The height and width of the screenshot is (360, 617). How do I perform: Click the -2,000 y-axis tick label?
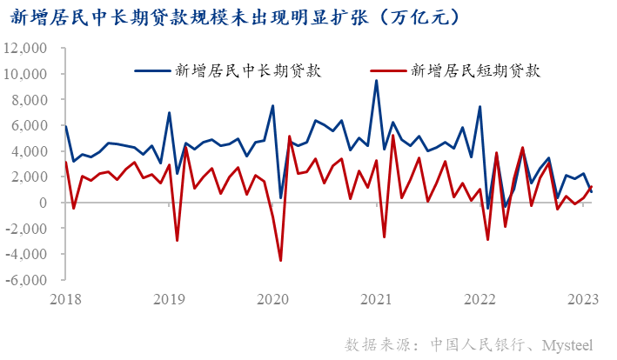coord(31,229)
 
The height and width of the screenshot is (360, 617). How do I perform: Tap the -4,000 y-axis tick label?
coord(31,254)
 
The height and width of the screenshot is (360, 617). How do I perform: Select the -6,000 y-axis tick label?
coord(31,280)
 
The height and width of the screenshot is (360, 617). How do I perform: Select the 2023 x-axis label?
coord(582,299)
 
